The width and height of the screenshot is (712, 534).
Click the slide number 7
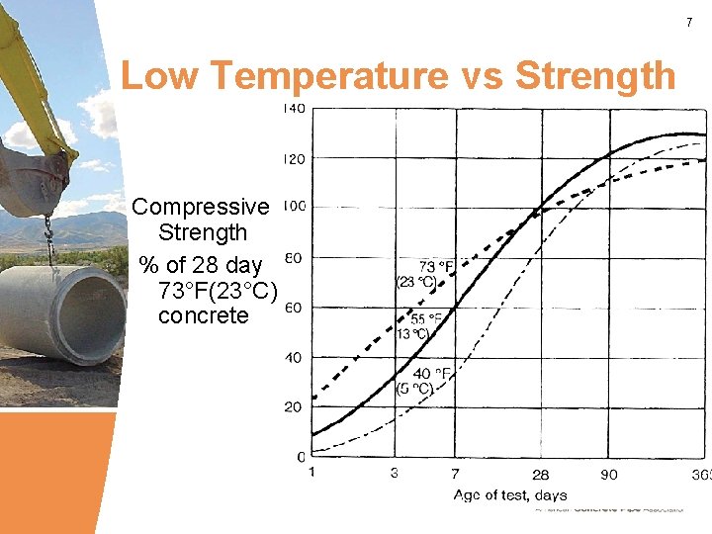(689, 22)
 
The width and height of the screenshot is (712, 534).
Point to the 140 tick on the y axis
(294, 108)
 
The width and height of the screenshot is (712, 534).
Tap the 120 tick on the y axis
(294, 158)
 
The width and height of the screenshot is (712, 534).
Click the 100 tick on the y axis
(294, 208)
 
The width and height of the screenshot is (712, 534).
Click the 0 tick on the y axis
(301, 457)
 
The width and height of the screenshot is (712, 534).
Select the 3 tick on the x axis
(395, 474)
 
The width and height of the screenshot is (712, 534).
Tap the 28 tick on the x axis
(541, 475)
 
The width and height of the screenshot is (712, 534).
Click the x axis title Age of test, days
(510, 494)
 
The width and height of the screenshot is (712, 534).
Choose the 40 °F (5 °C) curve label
(416, 381)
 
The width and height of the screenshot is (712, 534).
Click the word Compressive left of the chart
(201, 207)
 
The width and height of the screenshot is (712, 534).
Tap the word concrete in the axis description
(203, 315)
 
